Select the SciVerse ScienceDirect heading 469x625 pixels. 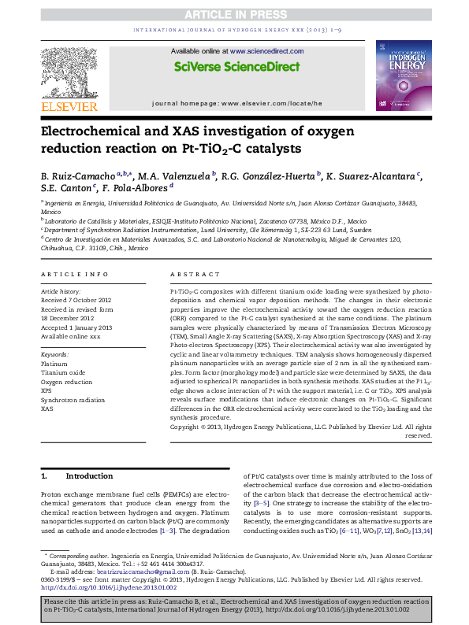233,66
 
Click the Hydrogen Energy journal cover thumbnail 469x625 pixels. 404,74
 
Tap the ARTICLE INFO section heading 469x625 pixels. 74,274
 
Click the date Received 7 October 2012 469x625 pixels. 76,300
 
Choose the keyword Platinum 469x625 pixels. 54,364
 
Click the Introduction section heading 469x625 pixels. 89,476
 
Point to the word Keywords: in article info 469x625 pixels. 55,355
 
